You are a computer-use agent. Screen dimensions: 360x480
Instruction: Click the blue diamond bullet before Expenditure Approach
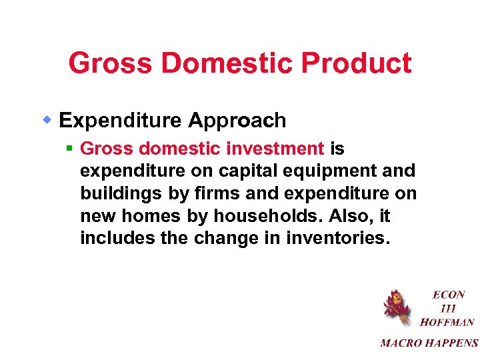tap(48, 120)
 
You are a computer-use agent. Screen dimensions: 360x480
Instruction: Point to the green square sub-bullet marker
tap(69, 149)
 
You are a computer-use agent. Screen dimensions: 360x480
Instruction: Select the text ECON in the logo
tap(448, 295)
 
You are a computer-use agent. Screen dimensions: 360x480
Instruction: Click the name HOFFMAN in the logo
tap(447, 322)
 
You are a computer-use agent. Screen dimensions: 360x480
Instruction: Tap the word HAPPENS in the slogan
tap(451, 343)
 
